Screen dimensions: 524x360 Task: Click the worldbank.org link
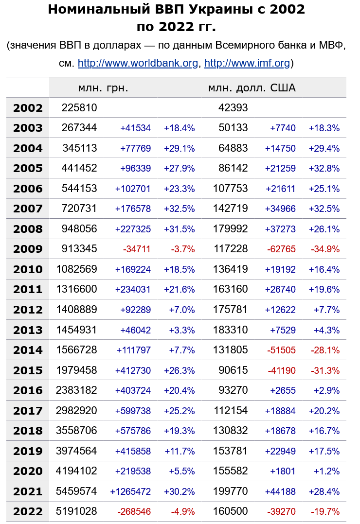[138, 63]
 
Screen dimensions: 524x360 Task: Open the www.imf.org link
[247, 63]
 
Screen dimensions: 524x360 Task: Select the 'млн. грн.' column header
[103, 88]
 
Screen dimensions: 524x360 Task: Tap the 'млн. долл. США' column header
[252, 88]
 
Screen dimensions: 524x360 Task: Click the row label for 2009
[28, 249]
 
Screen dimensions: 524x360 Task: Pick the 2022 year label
[28, 511]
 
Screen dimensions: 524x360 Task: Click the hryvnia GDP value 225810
[79, 108]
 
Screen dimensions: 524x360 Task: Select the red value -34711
[137, 249]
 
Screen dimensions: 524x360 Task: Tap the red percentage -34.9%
[325, 249]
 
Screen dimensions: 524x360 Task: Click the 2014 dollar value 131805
[230, 350]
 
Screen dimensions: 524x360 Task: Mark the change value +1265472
[130, 491]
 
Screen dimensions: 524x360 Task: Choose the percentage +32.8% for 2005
[324, 169]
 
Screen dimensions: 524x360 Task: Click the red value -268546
[134, 512]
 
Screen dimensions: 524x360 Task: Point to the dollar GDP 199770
[230, 491]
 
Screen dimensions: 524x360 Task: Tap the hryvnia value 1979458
[77, 370]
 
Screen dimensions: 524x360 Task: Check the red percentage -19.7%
[325, 512]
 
